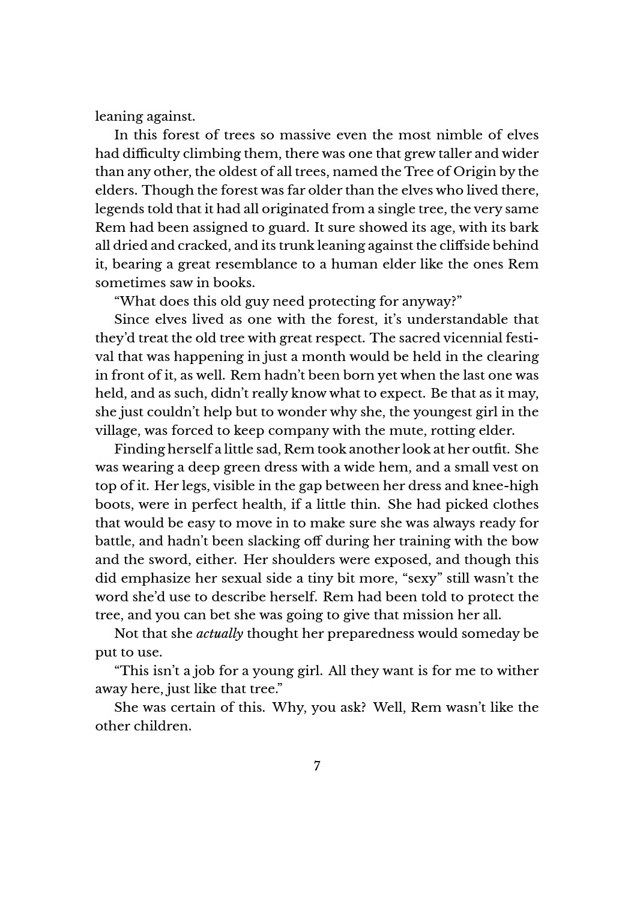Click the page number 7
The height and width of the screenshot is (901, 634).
pos(316,766)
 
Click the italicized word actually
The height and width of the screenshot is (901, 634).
pos(220,634)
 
